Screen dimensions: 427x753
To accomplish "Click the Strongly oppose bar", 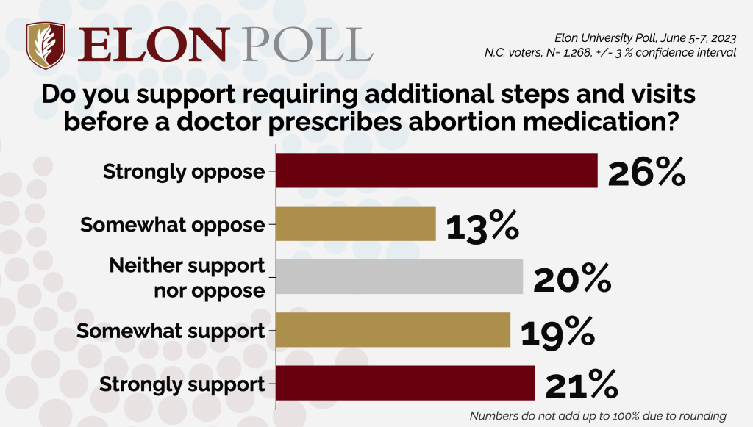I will pos(436,171).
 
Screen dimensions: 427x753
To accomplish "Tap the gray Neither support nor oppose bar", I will pos(399,276).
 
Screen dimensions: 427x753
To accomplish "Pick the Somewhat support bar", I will pos(393,329).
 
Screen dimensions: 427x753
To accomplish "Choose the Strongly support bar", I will pos(404,383).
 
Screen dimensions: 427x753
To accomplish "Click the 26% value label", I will pos(646,171).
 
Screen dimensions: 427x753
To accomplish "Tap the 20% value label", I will pos(571,278).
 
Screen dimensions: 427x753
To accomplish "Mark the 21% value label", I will pos(581,384).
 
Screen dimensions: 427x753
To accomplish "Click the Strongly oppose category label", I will pos(184,172).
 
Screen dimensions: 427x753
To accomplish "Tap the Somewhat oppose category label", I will pos(172,225).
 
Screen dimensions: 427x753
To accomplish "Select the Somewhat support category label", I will pos(171,331).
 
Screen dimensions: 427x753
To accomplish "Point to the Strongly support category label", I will pos(182,384).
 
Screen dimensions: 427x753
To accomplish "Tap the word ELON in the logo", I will pos(144,44).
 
